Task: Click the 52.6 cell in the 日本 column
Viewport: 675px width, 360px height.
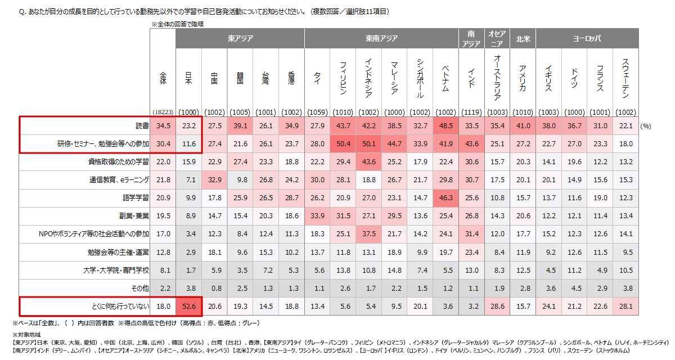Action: click(x=188, y=306)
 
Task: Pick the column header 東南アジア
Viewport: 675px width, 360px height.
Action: click(x=381, y=39)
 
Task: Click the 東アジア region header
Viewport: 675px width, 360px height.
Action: click(x=240, y=39)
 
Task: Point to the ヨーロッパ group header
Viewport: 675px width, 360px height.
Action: click(x=587, y=39)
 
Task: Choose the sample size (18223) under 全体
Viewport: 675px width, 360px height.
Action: click(x=163, y=111)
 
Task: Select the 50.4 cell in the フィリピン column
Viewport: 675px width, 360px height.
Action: click(x=343, y=144)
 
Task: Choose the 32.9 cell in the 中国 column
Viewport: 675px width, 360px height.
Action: click(x=214, y=179)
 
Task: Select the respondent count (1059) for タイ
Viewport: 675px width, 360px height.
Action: click(x=317, y=111)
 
